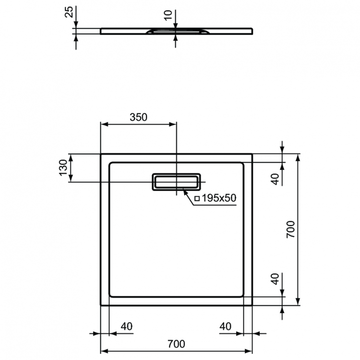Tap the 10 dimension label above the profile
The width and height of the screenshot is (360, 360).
pos(168,15)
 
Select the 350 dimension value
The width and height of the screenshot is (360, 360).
pos(138,117)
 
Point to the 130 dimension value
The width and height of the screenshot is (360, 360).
pos(63,168)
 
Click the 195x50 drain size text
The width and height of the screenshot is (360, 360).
pos(219,198)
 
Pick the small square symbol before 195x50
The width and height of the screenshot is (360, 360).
pos(197,198)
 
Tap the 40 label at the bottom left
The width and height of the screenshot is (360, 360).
pos(126,326)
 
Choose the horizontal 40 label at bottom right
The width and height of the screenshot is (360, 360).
pos(226,326)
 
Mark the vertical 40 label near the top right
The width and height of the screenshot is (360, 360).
pos(275,179)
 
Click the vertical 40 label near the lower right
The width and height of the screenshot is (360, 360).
pos(275,279)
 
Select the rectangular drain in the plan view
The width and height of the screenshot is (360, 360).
pos(176,181)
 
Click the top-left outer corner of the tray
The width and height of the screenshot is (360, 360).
pos(101,155)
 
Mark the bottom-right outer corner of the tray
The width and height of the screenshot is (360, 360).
pos(252,304)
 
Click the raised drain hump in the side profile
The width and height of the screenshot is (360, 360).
pos(176,30)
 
